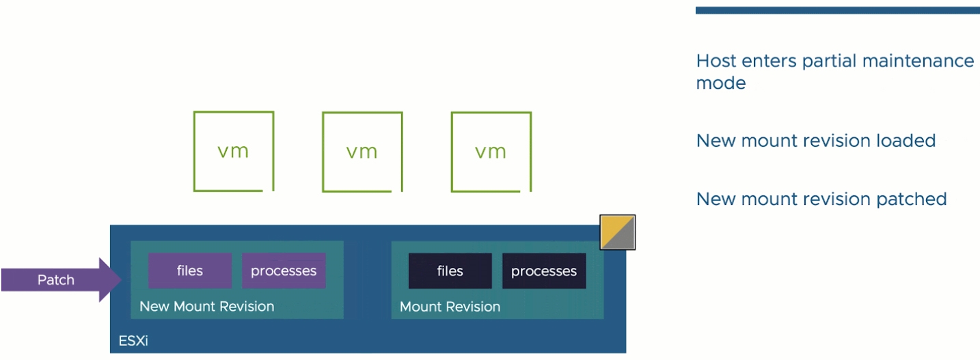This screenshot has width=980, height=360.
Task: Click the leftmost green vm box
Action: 194,152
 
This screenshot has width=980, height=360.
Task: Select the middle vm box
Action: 323,152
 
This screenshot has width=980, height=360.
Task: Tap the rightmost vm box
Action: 452,152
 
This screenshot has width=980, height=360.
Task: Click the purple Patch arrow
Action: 62,280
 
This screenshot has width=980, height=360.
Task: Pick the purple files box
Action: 190,271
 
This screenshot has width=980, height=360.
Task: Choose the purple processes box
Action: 284,271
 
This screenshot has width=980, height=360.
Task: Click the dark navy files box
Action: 450,271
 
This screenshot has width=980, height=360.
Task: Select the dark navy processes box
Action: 544,271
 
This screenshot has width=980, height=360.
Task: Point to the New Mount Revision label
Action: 207,306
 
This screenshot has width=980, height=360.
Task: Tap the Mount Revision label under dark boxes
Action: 450,307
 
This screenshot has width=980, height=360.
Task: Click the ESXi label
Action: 133,341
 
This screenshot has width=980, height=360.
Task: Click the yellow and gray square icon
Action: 617,232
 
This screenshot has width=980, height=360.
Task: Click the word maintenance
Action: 918,61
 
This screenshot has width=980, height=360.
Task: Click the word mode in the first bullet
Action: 721,83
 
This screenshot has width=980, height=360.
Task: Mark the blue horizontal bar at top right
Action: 837,10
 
